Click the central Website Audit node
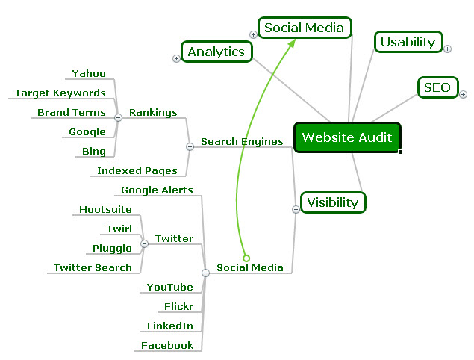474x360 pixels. [347, 137]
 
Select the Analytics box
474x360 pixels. [216, 52]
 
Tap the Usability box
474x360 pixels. [408, 42]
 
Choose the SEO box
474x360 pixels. [437, 87]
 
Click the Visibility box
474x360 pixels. [333, 202]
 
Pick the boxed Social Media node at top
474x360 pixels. [305, 28]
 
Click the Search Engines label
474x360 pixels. [242, 141]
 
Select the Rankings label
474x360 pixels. [153, 112]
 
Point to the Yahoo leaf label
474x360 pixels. [89, 73]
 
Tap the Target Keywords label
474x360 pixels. [60, 93]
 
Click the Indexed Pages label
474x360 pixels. [137, 171]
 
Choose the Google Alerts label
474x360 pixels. [157, 190]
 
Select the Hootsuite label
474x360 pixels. [105, 210]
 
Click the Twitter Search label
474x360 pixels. [93, 267]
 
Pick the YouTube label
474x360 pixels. [169, 287]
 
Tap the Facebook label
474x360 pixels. [168, 345]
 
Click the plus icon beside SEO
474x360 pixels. [463, 94]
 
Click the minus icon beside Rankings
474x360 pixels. [118, 117]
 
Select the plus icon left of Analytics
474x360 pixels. [176, 58]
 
